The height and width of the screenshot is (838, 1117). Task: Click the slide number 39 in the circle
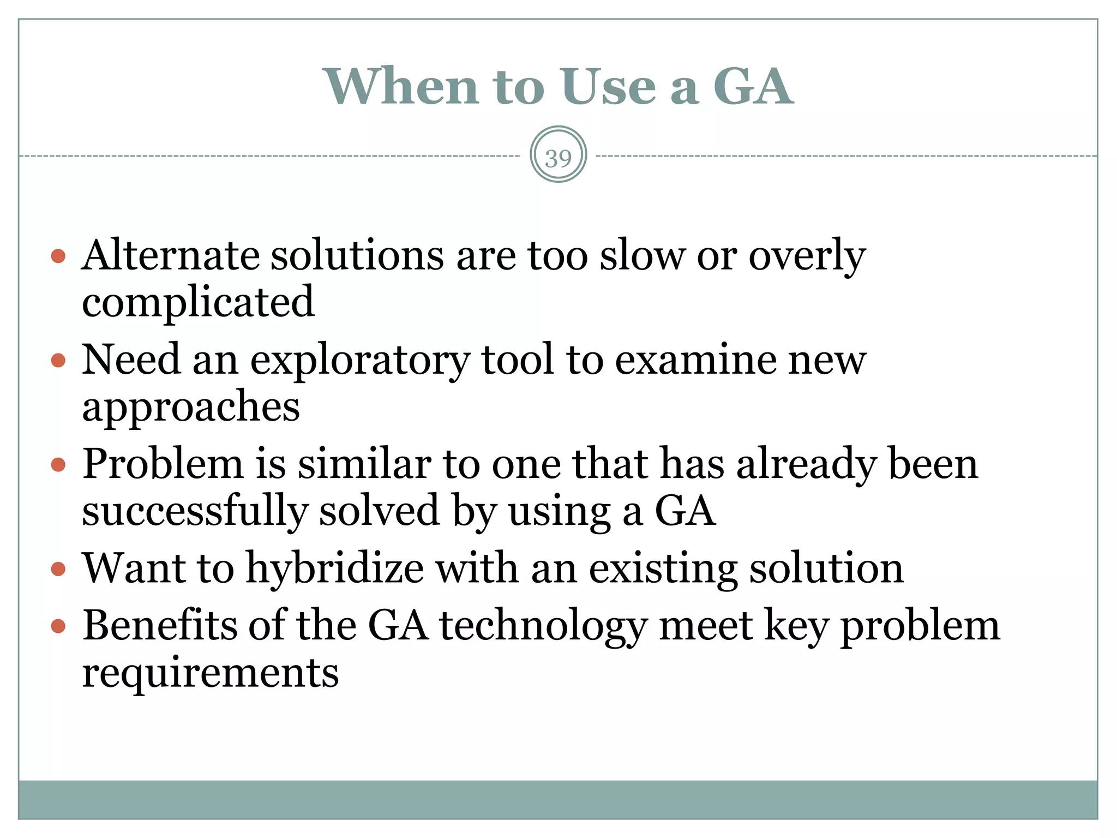click(558, 158)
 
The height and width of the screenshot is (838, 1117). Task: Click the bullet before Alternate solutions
click(58, 256)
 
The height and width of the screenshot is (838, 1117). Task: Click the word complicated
click(198, 302)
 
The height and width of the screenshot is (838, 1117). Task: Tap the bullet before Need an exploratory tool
click(58, 360)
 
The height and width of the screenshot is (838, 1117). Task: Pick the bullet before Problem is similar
click(58, 465)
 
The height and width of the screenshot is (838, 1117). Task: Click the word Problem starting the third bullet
click(163, 464)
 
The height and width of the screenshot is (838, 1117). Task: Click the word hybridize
click(335, 569)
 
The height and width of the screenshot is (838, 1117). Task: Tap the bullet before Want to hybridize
click(58, 570)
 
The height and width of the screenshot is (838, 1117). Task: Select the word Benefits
click(160, 625)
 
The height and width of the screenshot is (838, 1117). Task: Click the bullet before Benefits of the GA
click(58, 626)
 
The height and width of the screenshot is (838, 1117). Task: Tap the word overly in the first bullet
click(807, 256)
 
